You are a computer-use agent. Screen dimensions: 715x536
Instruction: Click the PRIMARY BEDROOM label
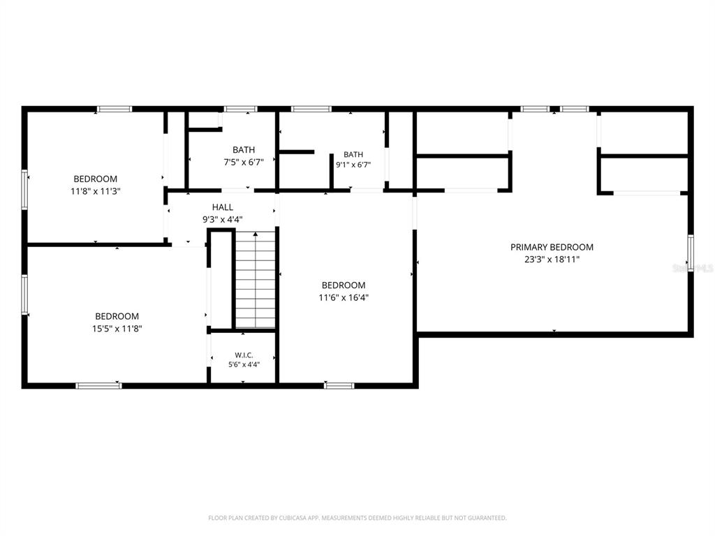click(552, 247)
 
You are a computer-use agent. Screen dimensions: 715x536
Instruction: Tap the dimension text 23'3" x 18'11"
click(552, 260)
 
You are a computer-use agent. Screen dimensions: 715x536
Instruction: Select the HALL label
click(223, 207)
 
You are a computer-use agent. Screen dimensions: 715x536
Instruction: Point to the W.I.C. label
click(244, 355)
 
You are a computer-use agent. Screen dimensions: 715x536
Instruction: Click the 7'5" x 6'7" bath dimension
click(244, 162)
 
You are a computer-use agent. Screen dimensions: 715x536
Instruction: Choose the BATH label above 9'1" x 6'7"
click(353, 154)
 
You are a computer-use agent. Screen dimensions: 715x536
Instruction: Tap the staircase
click(256, 279)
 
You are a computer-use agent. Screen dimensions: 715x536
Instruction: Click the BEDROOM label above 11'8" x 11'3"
click(95, 179)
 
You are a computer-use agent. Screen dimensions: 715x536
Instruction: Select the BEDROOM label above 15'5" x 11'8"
click(117, 316)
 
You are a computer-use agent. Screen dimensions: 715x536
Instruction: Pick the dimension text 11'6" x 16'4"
click(344, 297)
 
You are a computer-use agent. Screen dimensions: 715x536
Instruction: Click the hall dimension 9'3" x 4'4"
click(223, 219)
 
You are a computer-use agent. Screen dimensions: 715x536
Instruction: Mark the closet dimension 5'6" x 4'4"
click(244, 364)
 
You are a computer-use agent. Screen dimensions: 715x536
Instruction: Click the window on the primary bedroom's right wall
click(691, 253)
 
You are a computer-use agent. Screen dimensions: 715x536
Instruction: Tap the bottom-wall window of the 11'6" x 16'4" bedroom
click(339, 385)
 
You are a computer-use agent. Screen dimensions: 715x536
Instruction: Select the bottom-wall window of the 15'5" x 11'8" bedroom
click(99, 385)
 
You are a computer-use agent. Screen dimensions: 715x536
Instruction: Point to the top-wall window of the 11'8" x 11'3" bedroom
click(115, 109)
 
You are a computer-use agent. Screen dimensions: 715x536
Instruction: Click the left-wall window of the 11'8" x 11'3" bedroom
click(24, 190)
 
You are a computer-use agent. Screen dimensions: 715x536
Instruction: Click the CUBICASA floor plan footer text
click(357, 518)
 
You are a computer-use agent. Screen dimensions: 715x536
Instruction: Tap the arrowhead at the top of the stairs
click(256, 234)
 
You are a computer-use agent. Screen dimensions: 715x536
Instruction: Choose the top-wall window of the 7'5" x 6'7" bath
click(240, 109)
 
